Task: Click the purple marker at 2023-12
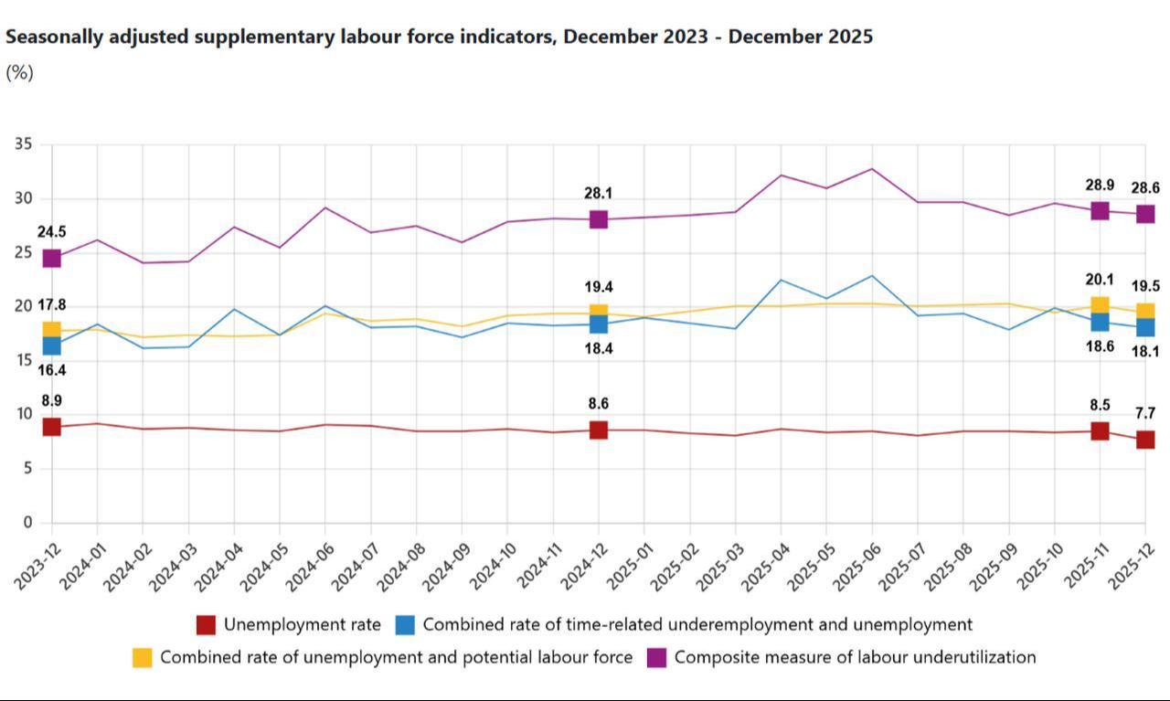coord(51,259)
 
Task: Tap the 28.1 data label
coord(598,194)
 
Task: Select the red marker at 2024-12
coord(598,430)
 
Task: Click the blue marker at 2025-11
coord(1100,321)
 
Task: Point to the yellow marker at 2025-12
coord(1145,312)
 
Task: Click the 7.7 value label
coord(1144,414)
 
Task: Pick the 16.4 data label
coord(51,370)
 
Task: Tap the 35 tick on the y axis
coord(24,144)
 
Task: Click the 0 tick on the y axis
coord(27,523)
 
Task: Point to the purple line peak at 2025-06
coord(872,169)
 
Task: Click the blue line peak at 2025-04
coord(781,280)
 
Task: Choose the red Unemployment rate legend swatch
coord(207,625)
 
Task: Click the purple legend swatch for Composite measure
coord(656,657)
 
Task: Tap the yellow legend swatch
coord(143,657)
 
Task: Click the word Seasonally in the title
coord(55,37)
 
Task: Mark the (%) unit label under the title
coord(19,73)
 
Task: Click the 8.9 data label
coord(51,400)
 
